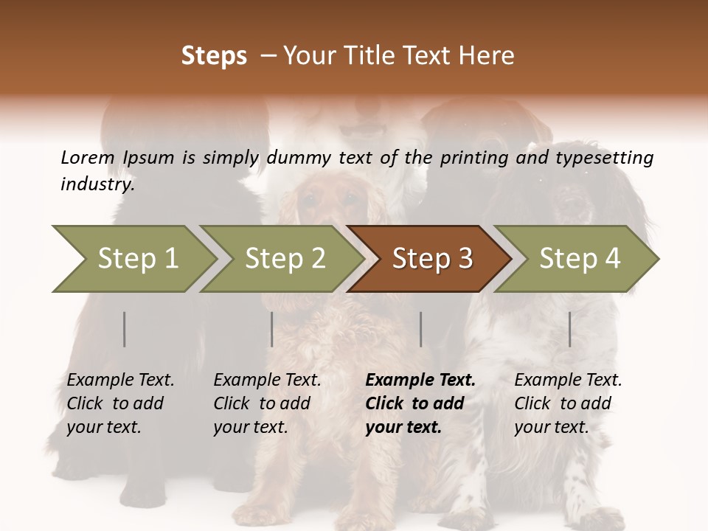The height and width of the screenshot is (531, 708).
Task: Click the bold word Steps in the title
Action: coord(214,56)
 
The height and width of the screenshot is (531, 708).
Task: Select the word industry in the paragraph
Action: coord(97,184)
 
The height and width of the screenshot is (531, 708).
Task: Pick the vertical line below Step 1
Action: coord(125,329)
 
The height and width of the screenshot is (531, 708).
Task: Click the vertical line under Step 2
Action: coord(272,329)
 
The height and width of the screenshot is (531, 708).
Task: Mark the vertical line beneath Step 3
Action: coord(420,329)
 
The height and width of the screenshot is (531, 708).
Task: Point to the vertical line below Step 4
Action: coord(569,329)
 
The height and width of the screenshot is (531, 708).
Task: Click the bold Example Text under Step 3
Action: coord(420,381)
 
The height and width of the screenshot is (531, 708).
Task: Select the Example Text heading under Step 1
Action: coord(120,381)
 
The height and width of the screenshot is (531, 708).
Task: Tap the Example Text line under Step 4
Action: coord(568,381)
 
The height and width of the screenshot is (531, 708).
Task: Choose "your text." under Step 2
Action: coord(251,427)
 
